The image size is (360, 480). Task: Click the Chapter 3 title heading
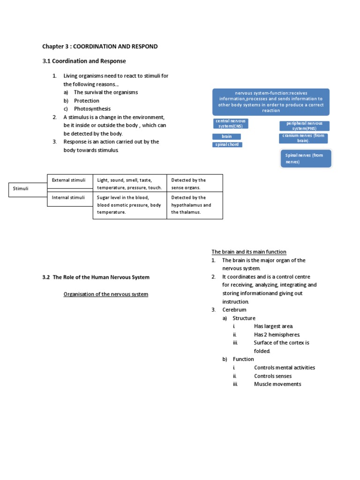[x=100, y=46]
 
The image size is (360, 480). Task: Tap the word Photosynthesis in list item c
[x=92, y=109]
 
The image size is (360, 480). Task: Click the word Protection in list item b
[x=87, y=101]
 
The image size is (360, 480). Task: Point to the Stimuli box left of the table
[x=20, y=188]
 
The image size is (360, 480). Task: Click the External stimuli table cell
[x=69, y=180]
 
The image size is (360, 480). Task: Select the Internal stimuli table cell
[x=69, y=198]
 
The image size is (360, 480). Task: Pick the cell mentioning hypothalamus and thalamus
[x=194, y=205]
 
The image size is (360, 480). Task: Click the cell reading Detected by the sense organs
[x=194, y=184]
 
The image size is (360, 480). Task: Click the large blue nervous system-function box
[x=270, y=102]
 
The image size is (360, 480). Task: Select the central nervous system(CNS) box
[x=230, y=124]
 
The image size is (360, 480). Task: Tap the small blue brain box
[x=227, y=136]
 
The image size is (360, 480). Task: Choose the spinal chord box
[x=227, y=144]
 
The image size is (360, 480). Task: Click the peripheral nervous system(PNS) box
[x=304, y=126]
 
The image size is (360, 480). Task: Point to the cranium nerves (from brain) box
[x=303, y=138]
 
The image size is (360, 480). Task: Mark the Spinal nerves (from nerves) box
[x=307, y=158]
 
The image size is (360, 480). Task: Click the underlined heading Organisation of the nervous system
[x=106, y=294]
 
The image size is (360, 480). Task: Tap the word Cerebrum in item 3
[x=234, y=310]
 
